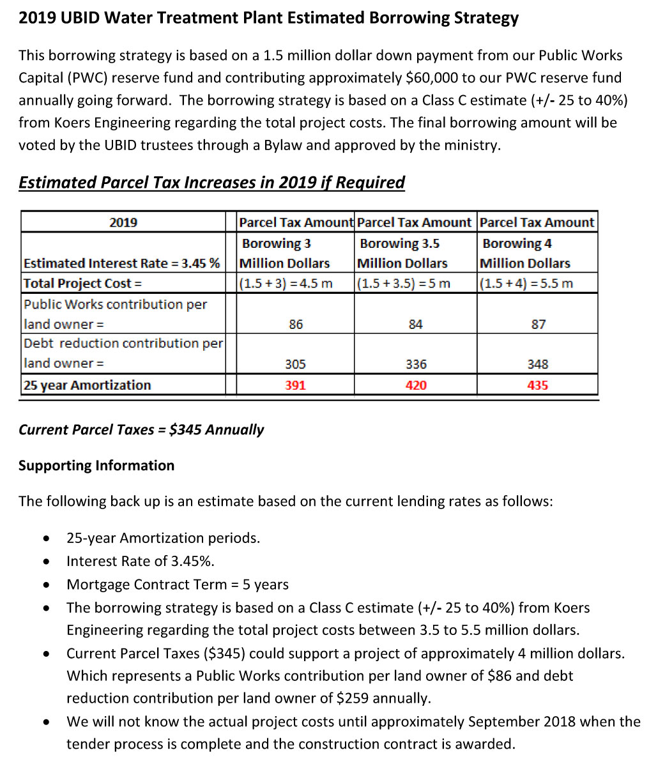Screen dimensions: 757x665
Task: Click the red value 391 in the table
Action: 295,385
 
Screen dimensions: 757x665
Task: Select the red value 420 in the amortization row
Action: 416,385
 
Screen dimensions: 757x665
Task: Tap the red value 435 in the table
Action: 538,385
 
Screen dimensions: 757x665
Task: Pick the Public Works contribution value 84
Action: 416,325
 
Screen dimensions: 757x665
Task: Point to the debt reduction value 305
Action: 295,364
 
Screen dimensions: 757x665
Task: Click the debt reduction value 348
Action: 538,364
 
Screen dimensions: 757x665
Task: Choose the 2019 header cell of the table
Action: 123,222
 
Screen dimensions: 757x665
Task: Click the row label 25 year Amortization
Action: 88,385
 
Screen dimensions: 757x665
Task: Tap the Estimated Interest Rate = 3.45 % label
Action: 121,263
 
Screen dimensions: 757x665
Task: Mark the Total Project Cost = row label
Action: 83,283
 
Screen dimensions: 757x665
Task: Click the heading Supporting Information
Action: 96,465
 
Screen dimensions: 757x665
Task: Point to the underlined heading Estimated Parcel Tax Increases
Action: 211,183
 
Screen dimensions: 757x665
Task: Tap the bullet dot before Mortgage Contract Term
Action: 47,585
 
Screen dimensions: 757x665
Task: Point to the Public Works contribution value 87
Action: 538,325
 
